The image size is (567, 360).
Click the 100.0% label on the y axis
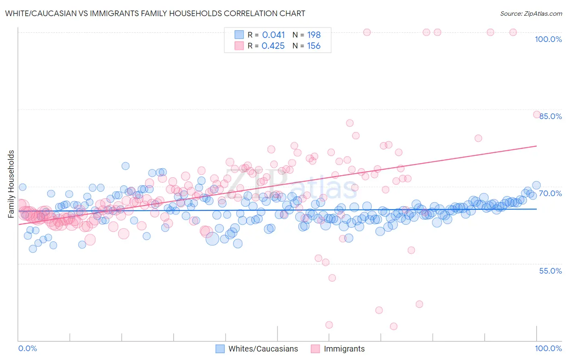click(x=548, y=39)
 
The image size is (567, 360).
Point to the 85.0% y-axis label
click(x=550, y=116)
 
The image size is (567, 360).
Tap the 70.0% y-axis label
click(x=550, y=193)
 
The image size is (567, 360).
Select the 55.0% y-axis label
click(x=550, y=271)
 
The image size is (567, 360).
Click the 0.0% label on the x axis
click(x=27, y=348)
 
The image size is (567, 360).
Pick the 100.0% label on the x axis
click(x=548, y=348)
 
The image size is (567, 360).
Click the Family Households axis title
click(x=11, y=184)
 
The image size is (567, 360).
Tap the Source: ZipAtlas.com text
click(x=531, y=13)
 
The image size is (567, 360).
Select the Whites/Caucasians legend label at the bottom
click(x=263, y=349)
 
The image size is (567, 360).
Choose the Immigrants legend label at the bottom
click(x=344, y=349)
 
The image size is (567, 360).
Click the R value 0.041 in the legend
click(x=273, y=35)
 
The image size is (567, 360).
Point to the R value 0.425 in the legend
click(x=273, y=46)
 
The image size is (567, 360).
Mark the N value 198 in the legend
click(x=314, y=35)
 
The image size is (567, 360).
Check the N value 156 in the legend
click(x=314, y=46)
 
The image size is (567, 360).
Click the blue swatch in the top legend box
click(x=239, y=35)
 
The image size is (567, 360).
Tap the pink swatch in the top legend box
click(x=239, y=46)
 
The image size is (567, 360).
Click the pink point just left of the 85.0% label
click(x=537, y=114)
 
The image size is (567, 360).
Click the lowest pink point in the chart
click(x=394, y=326)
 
